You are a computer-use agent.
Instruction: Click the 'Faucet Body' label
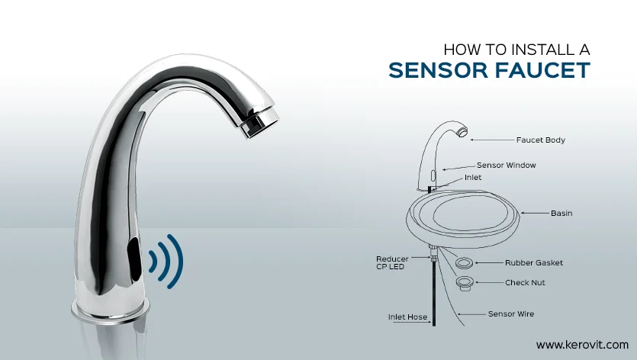(540, 140)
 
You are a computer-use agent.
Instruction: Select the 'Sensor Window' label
(507, 165)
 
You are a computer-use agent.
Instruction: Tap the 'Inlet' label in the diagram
(473, 178)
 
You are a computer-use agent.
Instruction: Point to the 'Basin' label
(561, 213)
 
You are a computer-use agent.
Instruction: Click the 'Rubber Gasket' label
(534, 263)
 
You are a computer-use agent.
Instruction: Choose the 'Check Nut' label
(525, 282)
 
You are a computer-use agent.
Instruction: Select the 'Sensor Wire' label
(511, 313)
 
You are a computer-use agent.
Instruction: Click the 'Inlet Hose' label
(407, 317)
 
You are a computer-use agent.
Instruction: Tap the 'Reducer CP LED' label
(392, 263)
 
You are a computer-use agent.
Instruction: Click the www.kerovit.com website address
(582, 345)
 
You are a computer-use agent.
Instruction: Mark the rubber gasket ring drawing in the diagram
(464, 263)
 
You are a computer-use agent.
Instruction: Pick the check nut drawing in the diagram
(465, 283)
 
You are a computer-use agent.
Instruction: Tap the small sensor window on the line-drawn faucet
(433, 176)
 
